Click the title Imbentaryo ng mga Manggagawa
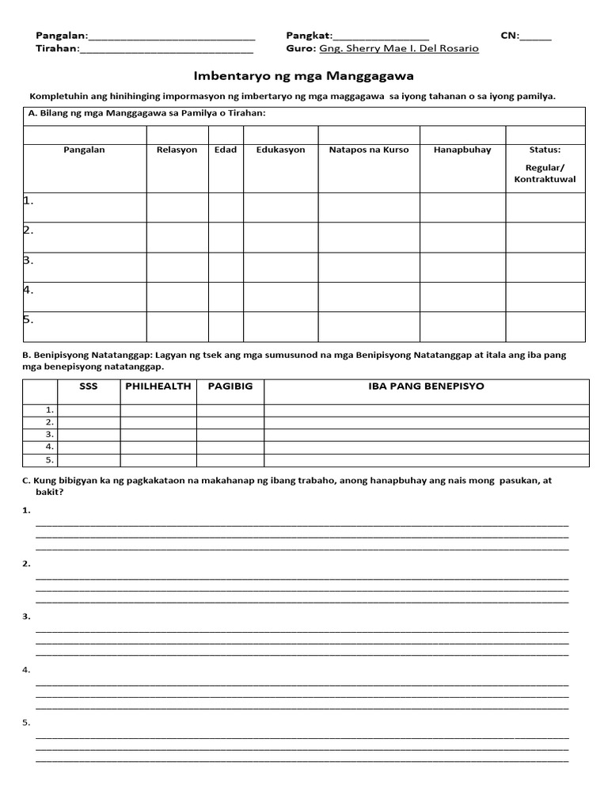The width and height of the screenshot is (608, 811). [304, 76]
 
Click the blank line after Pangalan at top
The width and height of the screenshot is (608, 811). [172, 36]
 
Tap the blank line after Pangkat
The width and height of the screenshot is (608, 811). [382, 36]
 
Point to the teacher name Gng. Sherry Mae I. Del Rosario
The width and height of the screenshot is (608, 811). [398, 48]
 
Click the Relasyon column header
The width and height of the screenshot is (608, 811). [177, 150]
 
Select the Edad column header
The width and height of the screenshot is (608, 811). [226, 150]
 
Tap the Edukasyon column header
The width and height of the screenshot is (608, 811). [280, 150]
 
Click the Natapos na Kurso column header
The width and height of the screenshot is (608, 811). [369, 150]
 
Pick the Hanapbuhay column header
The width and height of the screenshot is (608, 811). [462, 150]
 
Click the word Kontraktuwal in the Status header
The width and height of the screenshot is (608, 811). [545, 180]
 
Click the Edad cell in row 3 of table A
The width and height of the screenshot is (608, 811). [226, 267]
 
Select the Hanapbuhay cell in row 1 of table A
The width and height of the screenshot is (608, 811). [462, 208]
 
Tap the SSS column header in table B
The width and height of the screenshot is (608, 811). [89, 386]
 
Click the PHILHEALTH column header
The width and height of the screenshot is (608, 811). [158, 386]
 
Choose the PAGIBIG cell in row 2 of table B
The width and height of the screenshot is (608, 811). [230, 422]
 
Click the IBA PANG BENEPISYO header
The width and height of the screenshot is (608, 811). [426, 386]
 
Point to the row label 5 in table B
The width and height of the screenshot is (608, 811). [49, 459]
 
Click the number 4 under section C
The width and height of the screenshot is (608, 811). [27, 670]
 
